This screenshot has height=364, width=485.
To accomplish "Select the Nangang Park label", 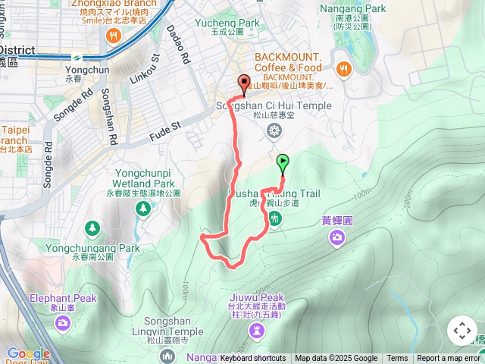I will [x=352, y=8].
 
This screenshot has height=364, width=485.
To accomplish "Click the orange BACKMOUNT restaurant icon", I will [x=343, y=68].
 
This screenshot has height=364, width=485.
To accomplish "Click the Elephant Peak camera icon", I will [x=63, y=323].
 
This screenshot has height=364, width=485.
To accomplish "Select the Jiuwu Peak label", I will [x=255, y=297].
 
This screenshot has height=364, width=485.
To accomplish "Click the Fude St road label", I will [x=166, y=124].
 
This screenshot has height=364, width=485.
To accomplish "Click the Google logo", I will [x=28, y=353].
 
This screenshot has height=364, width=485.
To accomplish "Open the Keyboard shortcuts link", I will [x=252, y=359].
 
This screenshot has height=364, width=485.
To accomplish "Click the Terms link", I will [x=397, y=359].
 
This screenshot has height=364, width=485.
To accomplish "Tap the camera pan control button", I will [x=462, y=331].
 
